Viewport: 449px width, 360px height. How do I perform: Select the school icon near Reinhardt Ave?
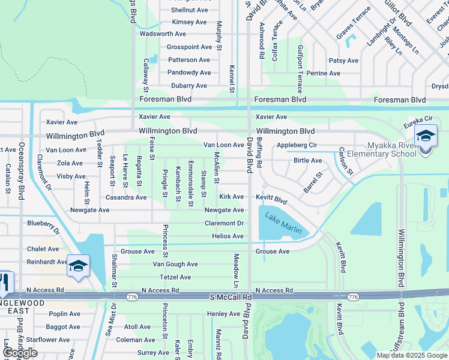pyautogui.click(x=78, y=265)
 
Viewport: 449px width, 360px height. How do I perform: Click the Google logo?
pyautogui.click(x=20, y=353)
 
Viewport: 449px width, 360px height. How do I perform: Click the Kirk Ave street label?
pyautogui.click(x=232, y=197)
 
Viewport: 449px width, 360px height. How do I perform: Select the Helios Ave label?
pyautogui.click(x=228, y=236)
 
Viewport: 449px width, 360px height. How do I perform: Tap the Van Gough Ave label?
pyautogui.click(x=175, y=264)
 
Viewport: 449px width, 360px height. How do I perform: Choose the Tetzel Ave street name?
pyautogui.click(x=175, y=277)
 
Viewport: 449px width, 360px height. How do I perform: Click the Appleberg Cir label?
pyautogui.click(x=297, y=145)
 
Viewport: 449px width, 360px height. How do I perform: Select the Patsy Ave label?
pyautogui.click(x=343, y=61)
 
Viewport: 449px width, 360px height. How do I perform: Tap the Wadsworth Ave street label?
pyautogui.click(x=163, y=34)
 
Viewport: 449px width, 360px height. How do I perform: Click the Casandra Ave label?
pyautogui.click(x=126, y=197)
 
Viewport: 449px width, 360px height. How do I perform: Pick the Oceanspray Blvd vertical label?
pyautogui.click(x=22, y=170)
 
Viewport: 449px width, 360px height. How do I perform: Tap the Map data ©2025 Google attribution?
pyautogui.click(x=411, y=355)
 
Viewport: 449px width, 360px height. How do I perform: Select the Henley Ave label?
pyautogui.click(x=223, y=314)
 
